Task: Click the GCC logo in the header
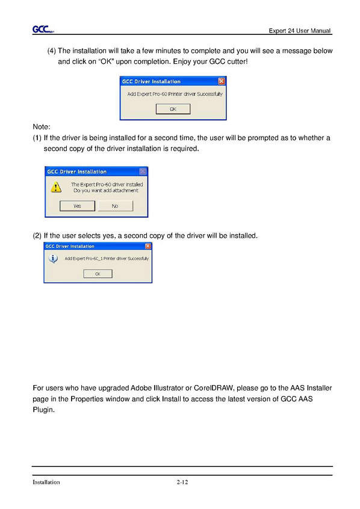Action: click(x=43, y=29)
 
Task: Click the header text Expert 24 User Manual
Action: click(x=300, y=31)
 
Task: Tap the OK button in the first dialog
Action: click(x=173, y=109)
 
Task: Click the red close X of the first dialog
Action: click(x=222, y=81)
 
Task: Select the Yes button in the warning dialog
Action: click(x=77, y=206)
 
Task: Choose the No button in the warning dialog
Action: click(x=115, y=206)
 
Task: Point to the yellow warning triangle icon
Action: click(x=56, y=187)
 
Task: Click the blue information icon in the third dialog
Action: click(x=53, y=259)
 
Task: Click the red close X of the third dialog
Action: click(x=148, y=246)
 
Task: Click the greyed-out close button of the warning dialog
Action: click(x=143, y=171)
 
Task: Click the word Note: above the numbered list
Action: click(x=42, y=126)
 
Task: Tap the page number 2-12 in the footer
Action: click(x=182, y=482)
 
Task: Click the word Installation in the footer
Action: click(x=46, y=482)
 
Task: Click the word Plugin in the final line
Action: click(x=43, y=410)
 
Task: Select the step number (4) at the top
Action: click(x=52, y=51)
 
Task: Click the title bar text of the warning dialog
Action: click(x=77, y=171)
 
